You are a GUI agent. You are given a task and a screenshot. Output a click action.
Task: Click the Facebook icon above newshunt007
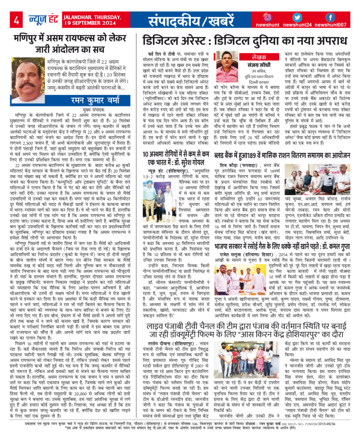330,17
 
